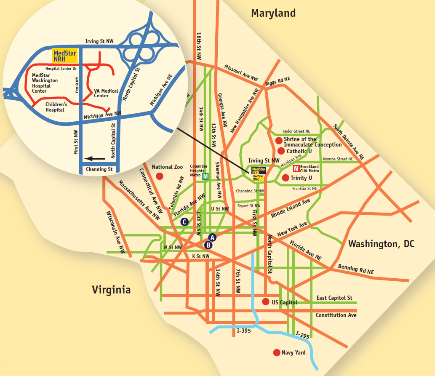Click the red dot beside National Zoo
point(159,176)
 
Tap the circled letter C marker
point(184,222)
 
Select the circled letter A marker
point(212,237)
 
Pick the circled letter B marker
point(208,245)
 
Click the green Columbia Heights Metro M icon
point(205,176)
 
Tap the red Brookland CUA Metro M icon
point(296,169)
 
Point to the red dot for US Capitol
point(266,302)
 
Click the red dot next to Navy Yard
point(277,352)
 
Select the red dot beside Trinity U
point(286,178)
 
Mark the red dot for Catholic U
point(281,151)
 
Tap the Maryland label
point(273,13)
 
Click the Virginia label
point(111,290)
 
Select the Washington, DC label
point(381,244)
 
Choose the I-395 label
point(244,331)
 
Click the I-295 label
point(303,336)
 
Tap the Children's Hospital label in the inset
point(56,107)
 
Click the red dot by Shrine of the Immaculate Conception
point(278,141)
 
